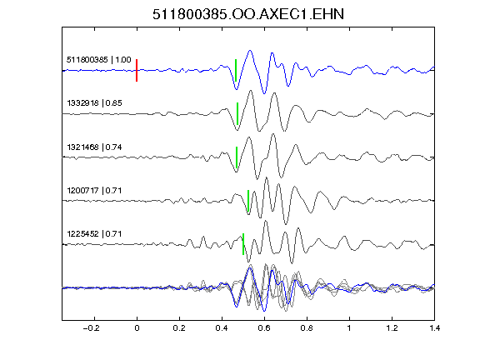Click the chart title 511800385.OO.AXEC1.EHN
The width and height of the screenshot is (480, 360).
pyautogui.click(x=248, y=14)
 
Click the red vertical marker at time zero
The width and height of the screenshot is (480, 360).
pyautogui.click(x=137, y=70)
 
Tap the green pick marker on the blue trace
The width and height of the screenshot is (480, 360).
pyautogui.click(x=236, y=70)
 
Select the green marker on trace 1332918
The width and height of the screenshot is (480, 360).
pyautogui.click(x=237, y=113)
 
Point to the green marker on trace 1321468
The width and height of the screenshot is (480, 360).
pyautogui.click(x=237, y=157)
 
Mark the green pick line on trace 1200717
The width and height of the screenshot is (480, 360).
pyautogui.click(x=248, y=201)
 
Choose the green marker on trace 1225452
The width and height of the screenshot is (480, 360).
pyautogui.click(x=243, y=244)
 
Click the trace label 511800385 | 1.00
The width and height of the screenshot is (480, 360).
pyautogui.click(x=99, y=60)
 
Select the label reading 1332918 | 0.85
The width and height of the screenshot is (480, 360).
pyautogui.click(x=95, y=103)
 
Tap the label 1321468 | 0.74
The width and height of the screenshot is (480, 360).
pyautogui.click(x=95, y=147)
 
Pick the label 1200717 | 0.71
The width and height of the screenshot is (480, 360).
pyautogui.click(x=95, y=191)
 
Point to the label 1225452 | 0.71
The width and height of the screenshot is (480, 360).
pyautogui.click(x=95, y=234)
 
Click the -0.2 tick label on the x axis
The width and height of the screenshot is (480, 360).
pyautogui.click(x=91, y=328)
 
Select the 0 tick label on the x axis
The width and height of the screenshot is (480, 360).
pyautogui.click(x=137, y=328)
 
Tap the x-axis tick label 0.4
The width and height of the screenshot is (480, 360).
pyautogui.click(x=222, y=328)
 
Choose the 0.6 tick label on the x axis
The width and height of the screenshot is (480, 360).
pyautogui.click(x=264, y=328)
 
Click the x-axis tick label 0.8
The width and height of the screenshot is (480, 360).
pyautogui.click(x=307, y=328)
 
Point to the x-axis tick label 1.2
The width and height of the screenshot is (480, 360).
pyautogui.click(x=392, y=328)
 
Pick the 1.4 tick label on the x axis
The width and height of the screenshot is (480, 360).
pyautogui.click(x=435, y=328)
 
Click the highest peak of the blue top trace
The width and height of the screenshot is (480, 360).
pyautogui.click(x=250, y=51)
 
